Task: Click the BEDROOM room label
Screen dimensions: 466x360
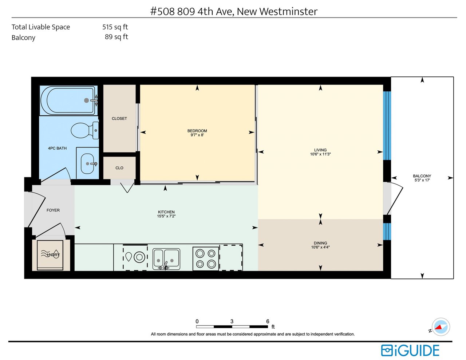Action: coord(197,131)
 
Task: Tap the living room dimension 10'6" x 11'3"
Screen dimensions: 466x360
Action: coord(320,154)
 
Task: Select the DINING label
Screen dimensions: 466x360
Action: coord(320,243)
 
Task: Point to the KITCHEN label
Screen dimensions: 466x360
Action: coord(166,212)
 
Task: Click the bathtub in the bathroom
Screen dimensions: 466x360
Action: coord(68,100)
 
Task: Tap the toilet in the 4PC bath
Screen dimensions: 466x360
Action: coord(85,130)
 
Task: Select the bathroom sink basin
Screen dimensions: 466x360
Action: coord(87,163)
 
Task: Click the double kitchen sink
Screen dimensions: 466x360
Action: coord(166,259)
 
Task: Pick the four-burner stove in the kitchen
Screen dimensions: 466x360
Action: coord(206,259)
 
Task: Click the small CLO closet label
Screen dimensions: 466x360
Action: coord(119,168)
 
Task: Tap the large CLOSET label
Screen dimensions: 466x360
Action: coord(119,119)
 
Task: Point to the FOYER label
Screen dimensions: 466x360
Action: coord(53,210)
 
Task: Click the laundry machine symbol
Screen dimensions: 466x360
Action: coord(50,255)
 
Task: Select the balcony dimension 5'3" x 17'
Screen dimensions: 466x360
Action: coord(422,180)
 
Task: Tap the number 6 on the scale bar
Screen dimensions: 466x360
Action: coord(268,321)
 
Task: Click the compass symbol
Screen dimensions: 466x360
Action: coord(441,327)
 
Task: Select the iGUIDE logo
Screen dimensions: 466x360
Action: coord(410,351)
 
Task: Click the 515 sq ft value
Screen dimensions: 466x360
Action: coord(115,27)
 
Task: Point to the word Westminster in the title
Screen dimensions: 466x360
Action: coord(288,11)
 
